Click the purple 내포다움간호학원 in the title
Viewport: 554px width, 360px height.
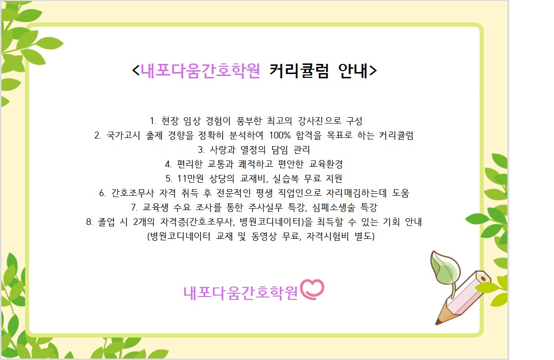pos(201,71)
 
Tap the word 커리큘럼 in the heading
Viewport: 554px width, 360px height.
pos(299,71)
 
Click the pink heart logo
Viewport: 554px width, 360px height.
pos(312,289)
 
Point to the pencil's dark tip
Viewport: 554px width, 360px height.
pos(438,322)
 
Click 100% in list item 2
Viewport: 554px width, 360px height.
pos(280,136)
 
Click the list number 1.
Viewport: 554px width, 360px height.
pos(153,121)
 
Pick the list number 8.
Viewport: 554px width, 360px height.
pos(89,222)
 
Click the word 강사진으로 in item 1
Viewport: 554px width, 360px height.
pos(319,121)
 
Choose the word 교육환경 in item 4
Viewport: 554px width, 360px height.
pos(326,164)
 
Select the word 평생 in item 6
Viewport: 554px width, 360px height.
pos(264,193)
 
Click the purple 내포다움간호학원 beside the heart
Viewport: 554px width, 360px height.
pos(240,293)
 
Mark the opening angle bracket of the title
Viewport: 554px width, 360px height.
pos(136,70)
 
